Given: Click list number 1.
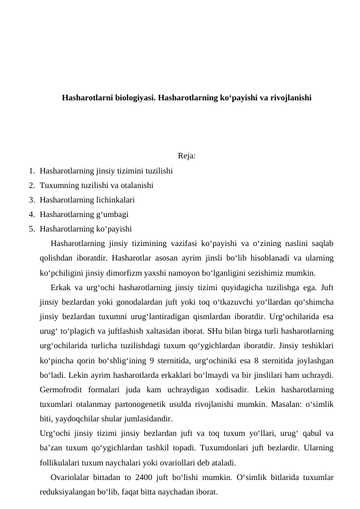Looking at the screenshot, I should coord(30,170).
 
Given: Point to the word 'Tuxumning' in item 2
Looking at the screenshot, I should coord(58,185).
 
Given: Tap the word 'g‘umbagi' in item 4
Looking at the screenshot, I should coord(113,214).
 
